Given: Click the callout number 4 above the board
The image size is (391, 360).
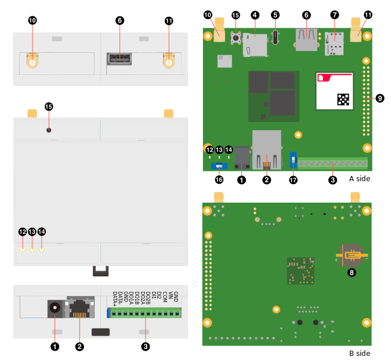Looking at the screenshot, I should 255,15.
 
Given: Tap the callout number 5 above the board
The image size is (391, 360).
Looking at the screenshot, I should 276,15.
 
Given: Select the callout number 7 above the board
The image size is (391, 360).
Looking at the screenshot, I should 335,15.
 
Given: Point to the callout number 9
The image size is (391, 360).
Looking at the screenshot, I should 380,99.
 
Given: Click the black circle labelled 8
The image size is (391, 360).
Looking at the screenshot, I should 352,272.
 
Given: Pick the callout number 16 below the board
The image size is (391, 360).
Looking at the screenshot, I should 219,180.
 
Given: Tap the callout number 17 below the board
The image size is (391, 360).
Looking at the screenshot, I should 293,180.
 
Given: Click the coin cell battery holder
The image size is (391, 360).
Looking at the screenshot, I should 352,255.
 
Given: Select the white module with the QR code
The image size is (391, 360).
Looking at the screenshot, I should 335,91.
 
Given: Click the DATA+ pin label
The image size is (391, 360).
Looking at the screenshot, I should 115,298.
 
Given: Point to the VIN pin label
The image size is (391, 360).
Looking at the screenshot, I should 170,297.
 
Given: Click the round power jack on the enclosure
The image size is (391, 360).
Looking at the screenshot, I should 55,308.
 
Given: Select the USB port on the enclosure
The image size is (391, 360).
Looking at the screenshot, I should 119,59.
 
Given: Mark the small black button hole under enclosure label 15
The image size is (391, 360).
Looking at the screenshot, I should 49,129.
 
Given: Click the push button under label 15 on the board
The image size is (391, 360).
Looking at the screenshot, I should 236,38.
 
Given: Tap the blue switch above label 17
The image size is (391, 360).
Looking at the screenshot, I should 293,159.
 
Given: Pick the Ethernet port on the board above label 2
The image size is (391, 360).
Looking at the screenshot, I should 266,149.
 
